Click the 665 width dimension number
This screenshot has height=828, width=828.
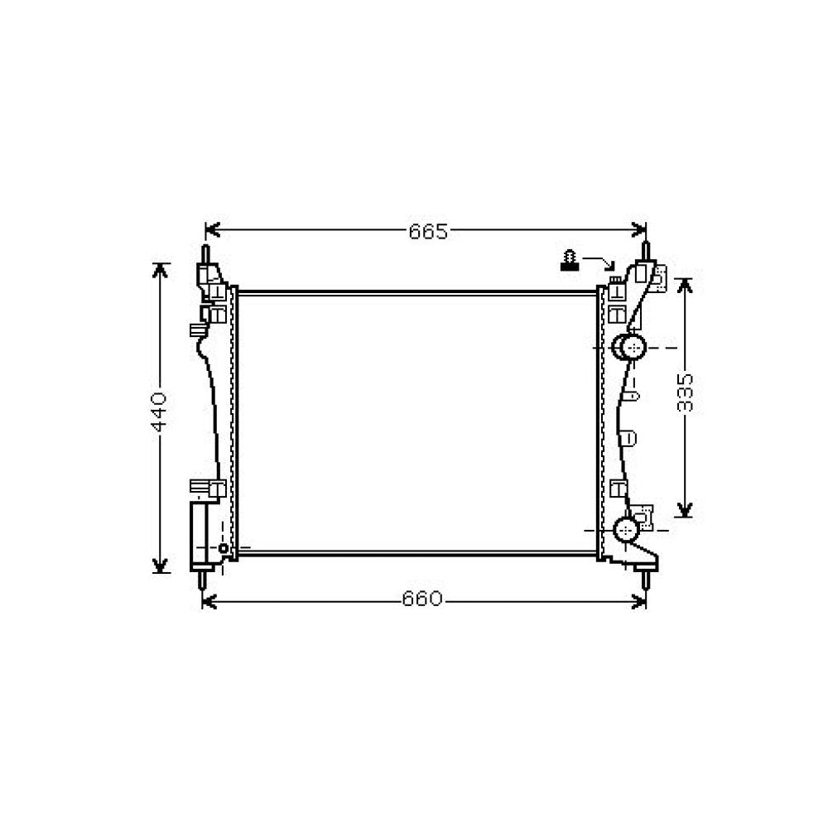click(x=427, y=232)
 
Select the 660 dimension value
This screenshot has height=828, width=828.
click(x=423, y=599)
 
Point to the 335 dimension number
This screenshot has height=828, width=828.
click(x=685, y=392)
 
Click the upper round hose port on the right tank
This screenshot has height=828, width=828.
click(x=631, y=348)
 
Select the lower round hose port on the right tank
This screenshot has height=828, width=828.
click(x=627, y=528)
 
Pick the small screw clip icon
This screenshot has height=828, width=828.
click(x=570, y=261)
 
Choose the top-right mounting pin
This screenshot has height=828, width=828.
click(x=646, y=252)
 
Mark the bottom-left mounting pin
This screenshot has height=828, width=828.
click(x=204, y=580)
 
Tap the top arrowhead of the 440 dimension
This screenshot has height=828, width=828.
click(x=161, y=270)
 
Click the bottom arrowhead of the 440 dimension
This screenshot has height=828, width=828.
click(x=161, y=566)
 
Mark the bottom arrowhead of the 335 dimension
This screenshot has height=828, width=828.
click(x=684, y=510)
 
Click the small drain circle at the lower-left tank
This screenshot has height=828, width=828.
click(x=223, y=548)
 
